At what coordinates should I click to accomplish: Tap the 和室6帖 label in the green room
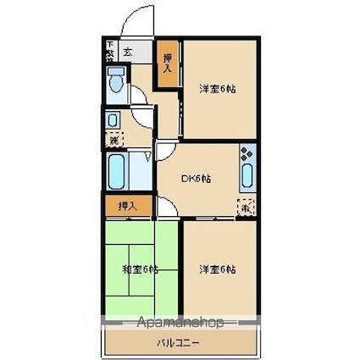141,269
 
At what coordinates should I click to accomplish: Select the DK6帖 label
197,179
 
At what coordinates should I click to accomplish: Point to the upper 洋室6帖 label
217,88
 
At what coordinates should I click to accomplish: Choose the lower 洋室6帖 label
217,269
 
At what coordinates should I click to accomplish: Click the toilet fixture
115,82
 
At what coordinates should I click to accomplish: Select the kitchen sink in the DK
246,176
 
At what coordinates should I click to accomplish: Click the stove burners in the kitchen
246,154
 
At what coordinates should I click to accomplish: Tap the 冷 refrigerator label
245,206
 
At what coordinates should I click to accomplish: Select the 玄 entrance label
127,53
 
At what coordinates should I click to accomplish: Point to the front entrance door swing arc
136,21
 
